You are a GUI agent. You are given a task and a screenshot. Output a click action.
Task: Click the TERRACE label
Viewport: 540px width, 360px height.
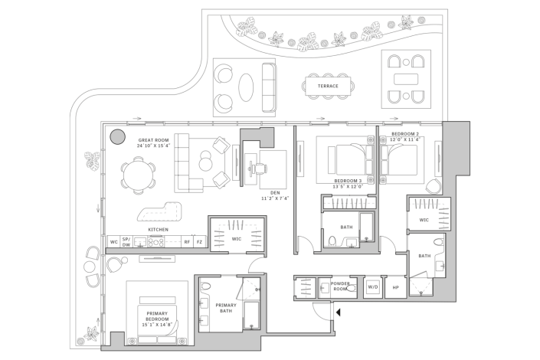pyautogui.click(x=328, y=86)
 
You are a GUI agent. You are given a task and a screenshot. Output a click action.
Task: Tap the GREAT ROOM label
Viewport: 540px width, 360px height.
pyautogui.click(x=153, y=140)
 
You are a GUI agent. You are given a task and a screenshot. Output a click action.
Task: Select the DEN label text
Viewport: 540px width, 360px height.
pyautogui.click(x=275, y=193)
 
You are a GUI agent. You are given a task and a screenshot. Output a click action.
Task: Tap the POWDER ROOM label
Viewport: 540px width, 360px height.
pyautogui.click(x=340, y=286)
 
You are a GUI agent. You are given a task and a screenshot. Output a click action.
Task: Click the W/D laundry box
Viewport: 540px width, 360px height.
pyautogui.click(x=373, y=287)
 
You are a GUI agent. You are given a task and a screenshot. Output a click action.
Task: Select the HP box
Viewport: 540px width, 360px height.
pyautogui.click(x=395, y=287)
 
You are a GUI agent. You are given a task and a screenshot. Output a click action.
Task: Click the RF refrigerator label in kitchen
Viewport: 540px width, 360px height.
pyautogui.click(x=186, y=242)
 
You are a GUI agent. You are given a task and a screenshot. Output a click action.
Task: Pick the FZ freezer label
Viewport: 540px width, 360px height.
pyautogui.click(x=199, y=242)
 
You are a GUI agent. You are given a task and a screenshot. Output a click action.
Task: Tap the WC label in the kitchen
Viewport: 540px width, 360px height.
pyautogui.click(x=113, y=242)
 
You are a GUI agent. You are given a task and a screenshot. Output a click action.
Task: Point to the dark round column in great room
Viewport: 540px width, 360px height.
pyautogui.click(x=117, y=137)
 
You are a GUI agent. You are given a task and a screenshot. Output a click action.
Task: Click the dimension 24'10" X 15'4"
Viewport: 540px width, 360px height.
pyautogui.click(x=154, y=146)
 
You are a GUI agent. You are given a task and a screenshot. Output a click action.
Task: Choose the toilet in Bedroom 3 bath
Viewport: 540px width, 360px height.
pyautogui.click(x=332, y=242)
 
